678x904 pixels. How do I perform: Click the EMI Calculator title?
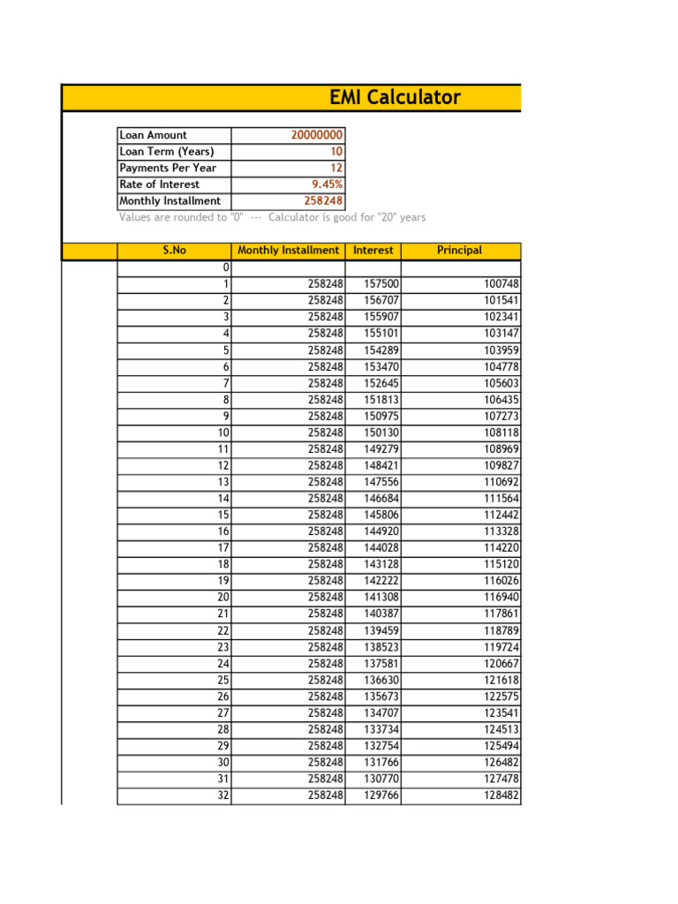(x=395, y=97)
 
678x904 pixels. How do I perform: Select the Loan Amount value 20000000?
(x=317, y=135)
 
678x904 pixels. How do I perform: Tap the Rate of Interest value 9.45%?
(x=326, y=185)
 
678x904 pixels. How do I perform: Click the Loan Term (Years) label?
(x=166, y=152)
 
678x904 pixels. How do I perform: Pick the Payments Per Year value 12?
(x=336, y=168)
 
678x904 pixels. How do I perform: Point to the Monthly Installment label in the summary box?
(x=169, y=201)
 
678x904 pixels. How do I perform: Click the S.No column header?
(x=174, y=251)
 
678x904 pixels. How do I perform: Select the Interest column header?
(x=373, y=251)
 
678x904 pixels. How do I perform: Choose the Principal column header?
(x=459, y=251)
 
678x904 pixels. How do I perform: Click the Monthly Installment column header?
(x=288, y=251)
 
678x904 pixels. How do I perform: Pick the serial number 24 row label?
(x=223, y=664)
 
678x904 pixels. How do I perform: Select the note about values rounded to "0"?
(x=272, y=217)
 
